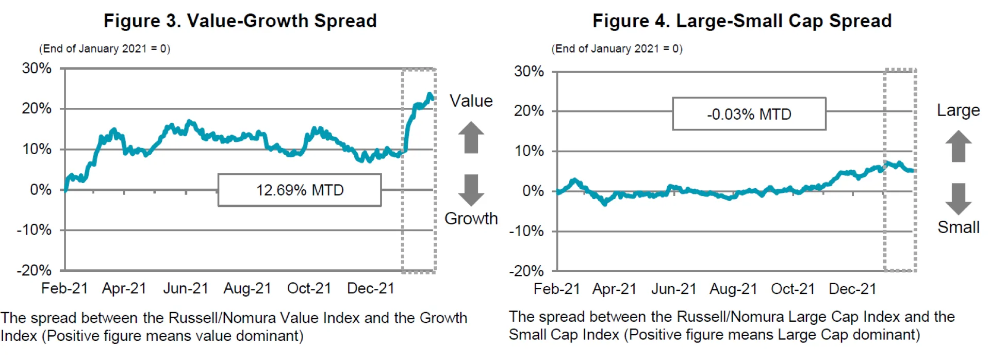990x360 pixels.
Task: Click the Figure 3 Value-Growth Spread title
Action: [x=240, y=21]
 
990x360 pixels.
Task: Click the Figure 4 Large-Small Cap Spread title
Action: [x=742, y=21]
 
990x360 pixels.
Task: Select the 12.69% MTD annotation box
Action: [x=300, y=190]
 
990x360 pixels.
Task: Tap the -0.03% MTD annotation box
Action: [x=749, y=114]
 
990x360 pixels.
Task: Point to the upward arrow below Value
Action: [x=471, y=137]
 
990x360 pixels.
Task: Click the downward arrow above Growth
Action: [x=471, y=190]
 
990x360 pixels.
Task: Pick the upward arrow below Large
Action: [x=958, y=146]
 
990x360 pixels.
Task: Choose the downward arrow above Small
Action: [x=958, y=199]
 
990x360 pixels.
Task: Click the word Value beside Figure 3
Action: [x=471, y=101]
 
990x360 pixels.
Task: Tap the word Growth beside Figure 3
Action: [x=471, y=219]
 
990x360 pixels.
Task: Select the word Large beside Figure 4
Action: [x=958, y=110]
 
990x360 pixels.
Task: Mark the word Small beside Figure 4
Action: [x=958, y=227]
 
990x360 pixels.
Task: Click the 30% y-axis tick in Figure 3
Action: [x=37, y=68]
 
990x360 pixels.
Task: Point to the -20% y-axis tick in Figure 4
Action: [x=526, y=271]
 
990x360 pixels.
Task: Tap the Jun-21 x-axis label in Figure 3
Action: [x=186, y=288]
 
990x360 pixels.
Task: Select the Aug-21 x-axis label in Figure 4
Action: [x=733, y=289]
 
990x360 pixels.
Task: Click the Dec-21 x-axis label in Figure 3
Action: [x=371, y=288]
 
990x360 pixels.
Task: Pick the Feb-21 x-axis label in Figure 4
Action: [x=557, y=289]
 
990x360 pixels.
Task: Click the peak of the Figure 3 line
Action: [x=430, y=94]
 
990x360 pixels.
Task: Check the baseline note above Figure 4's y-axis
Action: [x=617, y=48]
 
